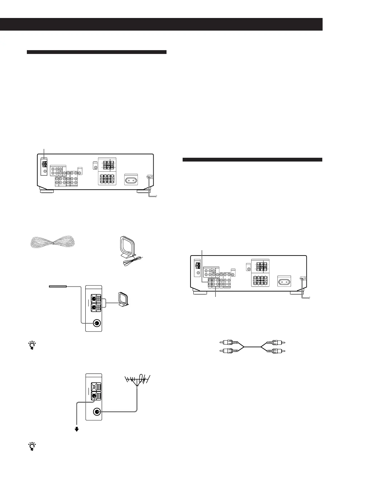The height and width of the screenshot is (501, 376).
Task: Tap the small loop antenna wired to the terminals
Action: [x=122, y=300]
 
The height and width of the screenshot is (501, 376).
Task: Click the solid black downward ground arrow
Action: [x=76, y=429]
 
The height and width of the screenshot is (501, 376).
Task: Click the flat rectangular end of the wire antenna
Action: [x=58, y=286]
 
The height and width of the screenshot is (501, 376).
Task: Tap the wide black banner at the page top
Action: [x=161, y=24]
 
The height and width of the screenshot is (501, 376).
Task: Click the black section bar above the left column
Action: [x=96, y=52]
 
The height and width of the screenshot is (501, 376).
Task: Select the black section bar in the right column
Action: [x=252, y=160]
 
